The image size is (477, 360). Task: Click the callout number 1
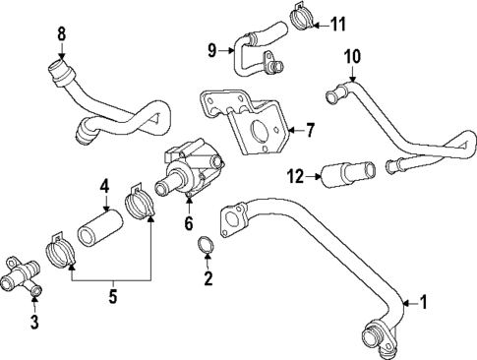click(424, 303)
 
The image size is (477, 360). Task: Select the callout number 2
click(208, 280)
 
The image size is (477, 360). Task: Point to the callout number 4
click(103, 184)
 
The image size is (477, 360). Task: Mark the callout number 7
click(309, 130)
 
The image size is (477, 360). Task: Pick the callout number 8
click(61, 34)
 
